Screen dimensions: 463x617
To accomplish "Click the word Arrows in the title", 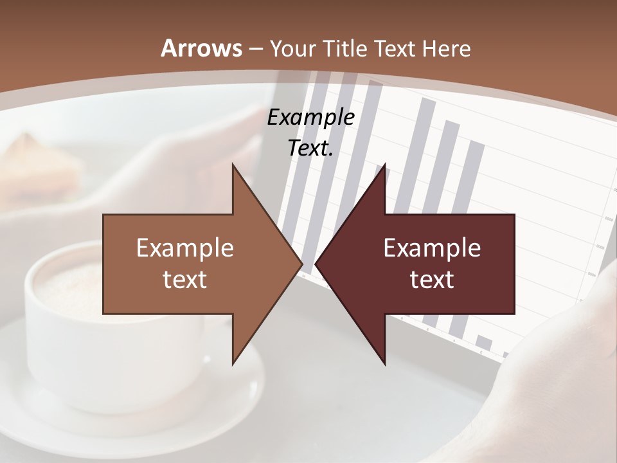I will tap(202, 48).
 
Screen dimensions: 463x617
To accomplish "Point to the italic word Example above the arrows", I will tap(310, 118).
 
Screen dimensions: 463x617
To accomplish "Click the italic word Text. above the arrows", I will tap(310, 148).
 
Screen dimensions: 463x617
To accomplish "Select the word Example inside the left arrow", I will tap(185, 248).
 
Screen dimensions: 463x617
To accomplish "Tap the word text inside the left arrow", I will tap(185, 280).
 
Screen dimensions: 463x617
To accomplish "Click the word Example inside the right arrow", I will tap(432, 248).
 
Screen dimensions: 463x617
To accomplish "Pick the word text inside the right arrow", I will tap(432, 280).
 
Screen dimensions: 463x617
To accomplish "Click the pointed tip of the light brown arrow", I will tap(300, 264).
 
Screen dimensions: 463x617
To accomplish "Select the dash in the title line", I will tap(256, 49).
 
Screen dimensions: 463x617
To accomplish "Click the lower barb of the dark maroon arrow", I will tap(383, 360).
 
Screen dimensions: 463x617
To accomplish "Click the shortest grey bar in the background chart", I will tap(484, 341).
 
